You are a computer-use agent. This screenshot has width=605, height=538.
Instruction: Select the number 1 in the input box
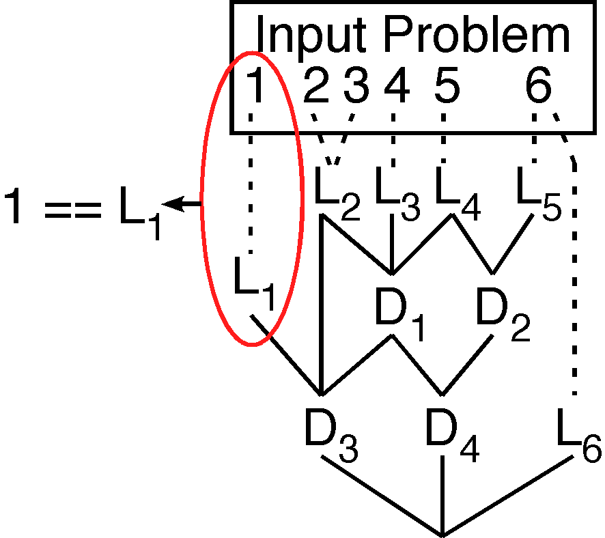[255, 87]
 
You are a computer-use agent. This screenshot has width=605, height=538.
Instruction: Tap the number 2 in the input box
[317, 87]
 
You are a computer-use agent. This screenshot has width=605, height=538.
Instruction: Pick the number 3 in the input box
[356, 87]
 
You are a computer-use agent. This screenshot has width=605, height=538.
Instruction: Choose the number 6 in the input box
[539, 87]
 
